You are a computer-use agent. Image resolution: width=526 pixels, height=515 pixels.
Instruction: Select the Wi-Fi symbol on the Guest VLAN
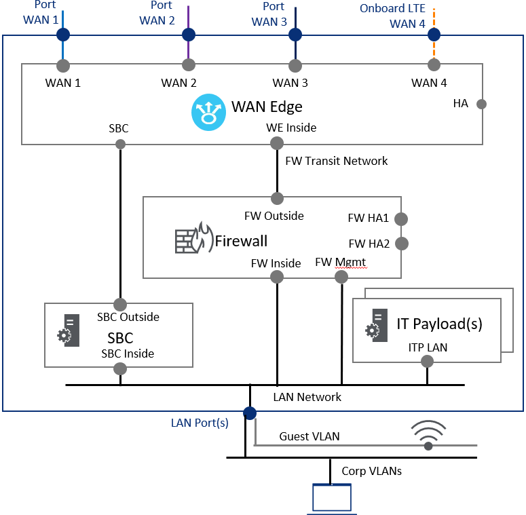click(428, 436)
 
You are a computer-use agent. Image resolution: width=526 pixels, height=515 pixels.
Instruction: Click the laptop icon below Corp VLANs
click(331, 497)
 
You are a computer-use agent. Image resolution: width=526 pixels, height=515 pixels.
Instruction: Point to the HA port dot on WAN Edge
click(481, 104)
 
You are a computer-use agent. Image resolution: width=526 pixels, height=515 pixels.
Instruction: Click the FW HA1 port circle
click(400, 219)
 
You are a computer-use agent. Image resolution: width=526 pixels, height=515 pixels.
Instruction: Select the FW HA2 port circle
click(400, 243)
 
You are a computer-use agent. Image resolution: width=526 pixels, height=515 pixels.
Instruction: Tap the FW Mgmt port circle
click(341, 277)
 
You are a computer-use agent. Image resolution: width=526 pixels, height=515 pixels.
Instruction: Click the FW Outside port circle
click(277, 198)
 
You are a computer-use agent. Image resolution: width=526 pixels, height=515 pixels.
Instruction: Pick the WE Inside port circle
click(277, 143)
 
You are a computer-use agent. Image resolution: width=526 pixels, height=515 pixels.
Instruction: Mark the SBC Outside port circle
click(120, 304)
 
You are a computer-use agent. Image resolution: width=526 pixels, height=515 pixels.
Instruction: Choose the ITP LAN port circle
click(428, 362)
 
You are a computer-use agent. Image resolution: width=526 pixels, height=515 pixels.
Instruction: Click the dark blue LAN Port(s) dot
click(250, 413)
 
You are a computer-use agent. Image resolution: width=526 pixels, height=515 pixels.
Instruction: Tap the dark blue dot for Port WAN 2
click(189, 35)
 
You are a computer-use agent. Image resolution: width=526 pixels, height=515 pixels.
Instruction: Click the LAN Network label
click(307, 397)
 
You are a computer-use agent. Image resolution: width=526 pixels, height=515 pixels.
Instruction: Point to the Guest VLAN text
click(309, 436)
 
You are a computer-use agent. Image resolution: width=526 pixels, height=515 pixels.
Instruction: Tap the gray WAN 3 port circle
click(295, 66)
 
